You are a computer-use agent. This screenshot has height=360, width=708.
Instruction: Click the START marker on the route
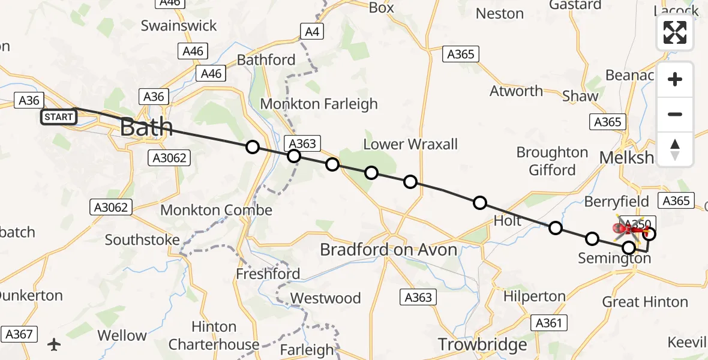59,117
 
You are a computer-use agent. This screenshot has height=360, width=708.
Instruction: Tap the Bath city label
146,127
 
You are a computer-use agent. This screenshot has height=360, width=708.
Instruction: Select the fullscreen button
675,33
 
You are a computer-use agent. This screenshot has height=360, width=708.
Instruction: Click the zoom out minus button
675,115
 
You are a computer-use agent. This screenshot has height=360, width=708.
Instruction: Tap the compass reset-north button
675,149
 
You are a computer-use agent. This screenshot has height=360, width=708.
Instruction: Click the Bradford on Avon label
388,250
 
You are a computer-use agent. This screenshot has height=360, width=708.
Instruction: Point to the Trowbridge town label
482,344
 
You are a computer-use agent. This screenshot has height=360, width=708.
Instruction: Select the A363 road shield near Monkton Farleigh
302,143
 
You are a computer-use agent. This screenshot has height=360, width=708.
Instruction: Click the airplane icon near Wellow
55,344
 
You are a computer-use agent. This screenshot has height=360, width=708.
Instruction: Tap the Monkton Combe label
216,211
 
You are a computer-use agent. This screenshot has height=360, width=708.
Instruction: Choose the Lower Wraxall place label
410,144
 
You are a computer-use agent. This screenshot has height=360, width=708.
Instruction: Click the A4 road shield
311,32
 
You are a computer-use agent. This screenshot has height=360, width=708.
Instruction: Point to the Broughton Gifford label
552,161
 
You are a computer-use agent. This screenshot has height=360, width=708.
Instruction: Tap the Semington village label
614,259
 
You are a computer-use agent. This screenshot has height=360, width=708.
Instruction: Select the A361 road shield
548,323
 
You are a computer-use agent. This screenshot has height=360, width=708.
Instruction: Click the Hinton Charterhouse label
214,335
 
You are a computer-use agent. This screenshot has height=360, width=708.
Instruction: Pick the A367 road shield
19,334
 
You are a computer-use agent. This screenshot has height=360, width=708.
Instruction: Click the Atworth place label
516,91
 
